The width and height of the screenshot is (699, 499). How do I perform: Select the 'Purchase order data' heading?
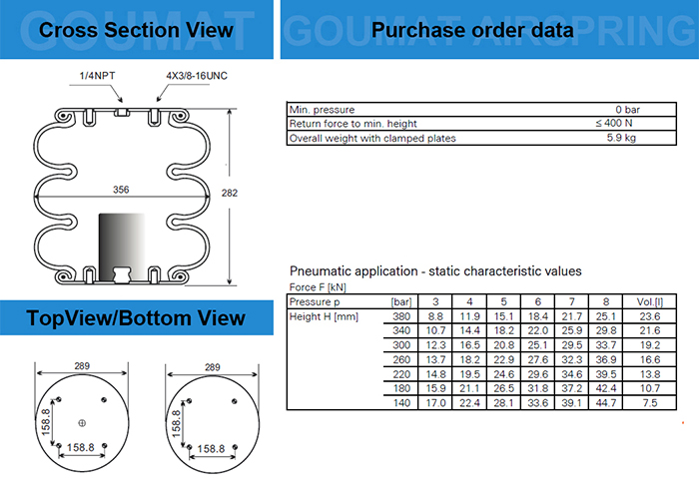coord(472,30)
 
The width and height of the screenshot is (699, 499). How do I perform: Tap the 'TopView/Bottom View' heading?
coord(136,318)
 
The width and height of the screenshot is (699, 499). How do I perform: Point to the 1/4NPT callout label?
coord(97,75)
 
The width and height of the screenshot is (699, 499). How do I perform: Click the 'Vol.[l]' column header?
coord(649,301)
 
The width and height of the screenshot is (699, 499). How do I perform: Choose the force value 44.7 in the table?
coord(605,402)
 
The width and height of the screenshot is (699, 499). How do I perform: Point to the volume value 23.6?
coord(649,316)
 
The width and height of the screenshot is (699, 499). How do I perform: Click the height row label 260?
coord(403,359)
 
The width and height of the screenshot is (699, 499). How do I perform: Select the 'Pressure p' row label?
coord(316,301)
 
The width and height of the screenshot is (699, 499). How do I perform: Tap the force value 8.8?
coord(435,316)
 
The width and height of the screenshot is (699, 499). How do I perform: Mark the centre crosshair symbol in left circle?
coord(82,421)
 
